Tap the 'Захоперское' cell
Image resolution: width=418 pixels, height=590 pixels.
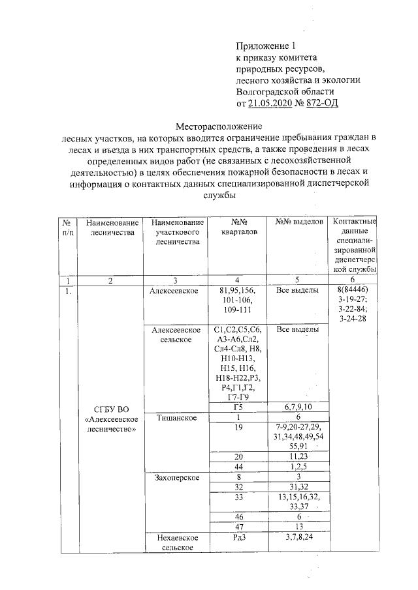[174, 477]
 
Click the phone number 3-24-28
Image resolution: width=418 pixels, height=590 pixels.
[353, 318]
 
